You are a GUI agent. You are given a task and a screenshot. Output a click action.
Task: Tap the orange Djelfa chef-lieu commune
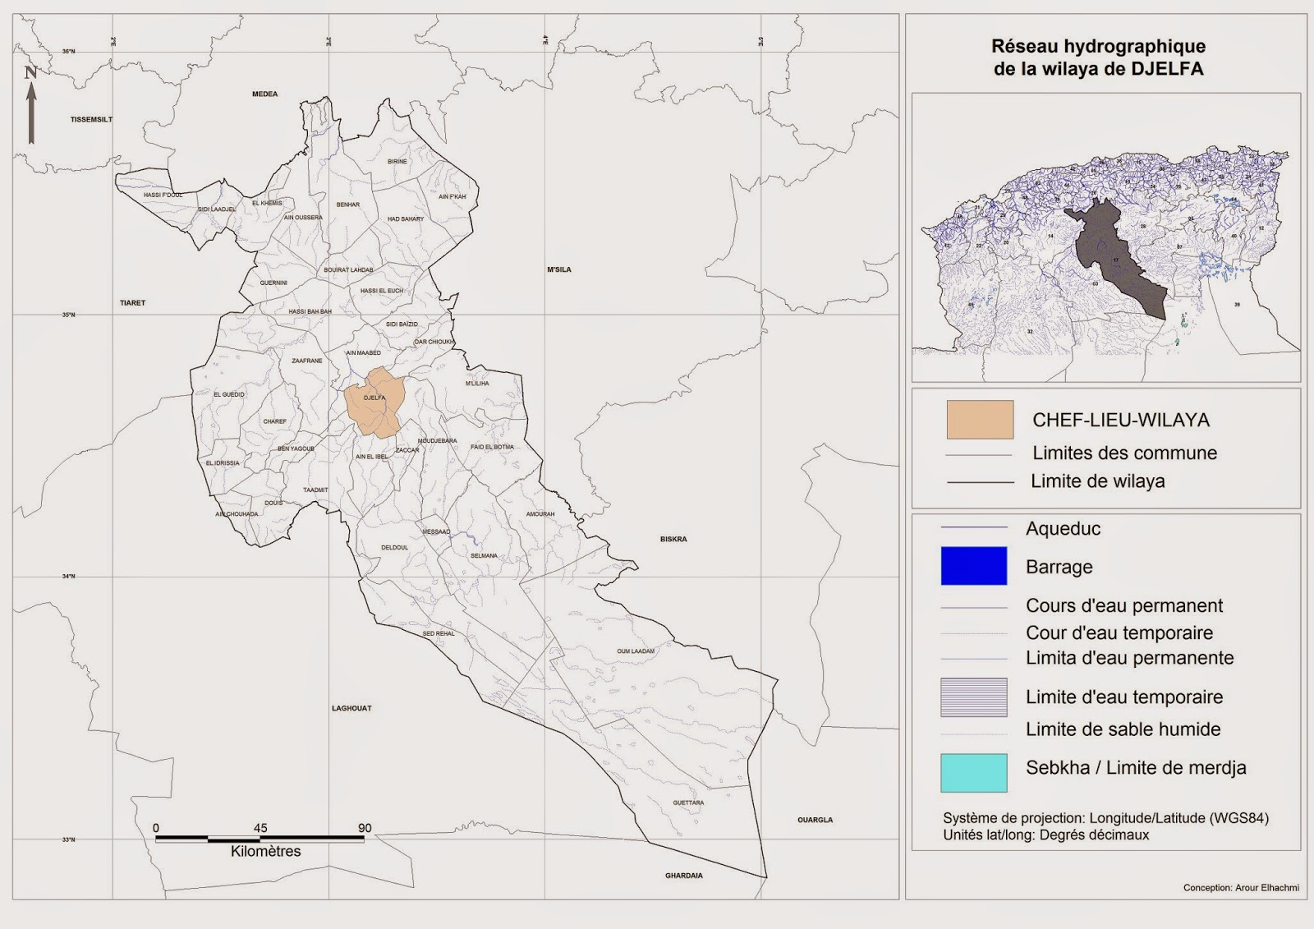(374, 401)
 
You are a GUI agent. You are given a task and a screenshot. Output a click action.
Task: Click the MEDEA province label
(264, 94)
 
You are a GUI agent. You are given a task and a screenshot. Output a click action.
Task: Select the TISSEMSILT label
(91, 120)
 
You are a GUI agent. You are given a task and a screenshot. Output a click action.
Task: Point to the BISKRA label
(673, 540)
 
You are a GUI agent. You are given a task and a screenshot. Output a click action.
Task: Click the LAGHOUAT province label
(351, 708)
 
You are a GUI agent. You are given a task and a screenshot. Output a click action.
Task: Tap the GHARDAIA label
(683, 876)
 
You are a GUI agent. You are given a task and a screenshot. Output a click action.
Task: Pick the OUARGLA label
(815, 820)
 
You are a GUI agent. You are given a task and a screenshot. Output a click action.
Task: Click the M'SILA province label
(559, 269)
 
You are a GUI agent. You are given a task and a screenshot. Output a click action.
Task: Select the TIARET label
(132, 303)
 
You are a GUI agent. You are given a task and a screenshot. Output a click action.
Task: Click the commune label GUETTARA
(688, 803)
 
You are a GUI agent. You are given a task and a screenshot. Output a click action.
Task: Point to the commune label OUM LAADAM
(636, 651)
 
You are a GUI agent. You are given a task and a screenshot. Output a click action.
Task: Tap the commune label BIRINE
(397, 162)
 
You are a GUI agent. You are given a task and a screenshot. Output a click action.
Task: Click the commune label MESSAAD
(436, 531)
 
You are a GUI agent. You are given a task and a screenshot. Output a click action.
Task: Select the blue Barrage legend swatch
(973, 566)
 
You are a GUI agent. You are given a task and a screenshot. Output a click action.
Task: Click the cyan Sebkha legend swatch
(973, 772)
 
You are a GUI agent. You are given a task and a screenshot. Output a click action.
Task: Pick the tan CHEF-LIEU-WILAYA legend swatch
(980, 420)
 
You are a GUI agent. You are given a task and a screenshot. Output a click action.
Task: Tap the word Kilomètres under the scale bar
(265, 852)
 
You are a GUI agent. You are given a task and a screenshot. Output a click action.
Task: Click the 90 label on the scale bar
(365, 828)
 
